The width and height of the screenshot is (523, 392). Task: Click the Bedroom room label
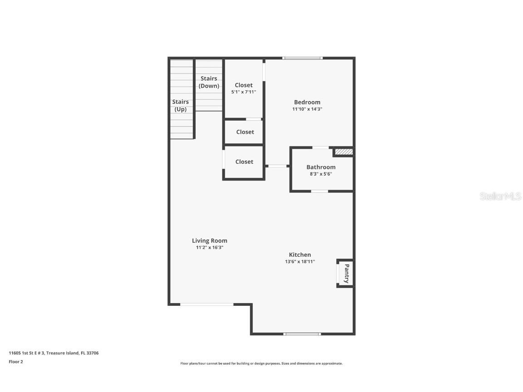[x=307, y=102]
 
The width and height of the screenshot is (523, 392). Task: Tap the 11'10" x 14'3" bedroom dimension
[x=307, y=109]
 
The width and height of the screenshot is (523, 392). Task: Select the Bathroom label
[x=321, y=167]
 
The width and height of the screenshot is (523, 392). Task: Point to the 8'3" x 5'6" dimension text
[x=321, y=174]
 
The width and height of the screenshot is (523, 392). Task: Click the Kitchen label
[x=300, y=255]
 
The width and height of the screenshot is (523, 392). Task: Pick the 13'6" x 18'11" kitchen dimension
[x=300, y=261]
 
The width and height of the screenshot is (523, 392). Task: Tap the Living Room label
[x=209, y=240]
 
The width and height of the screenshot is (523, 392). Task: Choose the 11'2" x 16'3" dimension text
[x=209, y=247]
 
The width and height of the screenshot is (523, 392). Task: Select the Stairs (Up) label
[x=180, y=105]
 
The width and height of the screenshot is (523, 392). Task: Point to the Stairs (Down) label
[x=209, y=82]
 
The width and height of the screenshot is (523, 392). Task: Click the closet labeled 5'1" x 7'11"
[x=243, y=88]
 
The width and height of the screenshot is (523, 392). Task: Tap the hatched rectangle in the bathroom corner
[x=344, y=152]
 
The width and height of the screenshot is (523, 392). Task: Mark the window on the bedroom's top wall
[x=302, y=58]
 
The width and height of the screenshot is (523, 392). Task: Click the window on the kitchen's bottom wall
[x=302, y=334]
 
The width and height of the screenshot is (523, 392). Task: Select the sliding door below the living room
[x=207, y=304]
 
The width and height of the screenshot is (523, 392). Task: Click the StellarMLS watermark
[x=501, y=196]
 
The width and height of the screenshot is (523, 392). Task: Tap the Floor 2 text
[x=15, y=362]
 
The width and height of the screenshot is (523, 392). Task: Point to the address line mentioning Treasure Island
[x=54, y=353]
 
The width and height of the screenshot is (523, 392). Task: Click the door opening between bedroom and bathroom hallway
[x=277, y=166]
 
